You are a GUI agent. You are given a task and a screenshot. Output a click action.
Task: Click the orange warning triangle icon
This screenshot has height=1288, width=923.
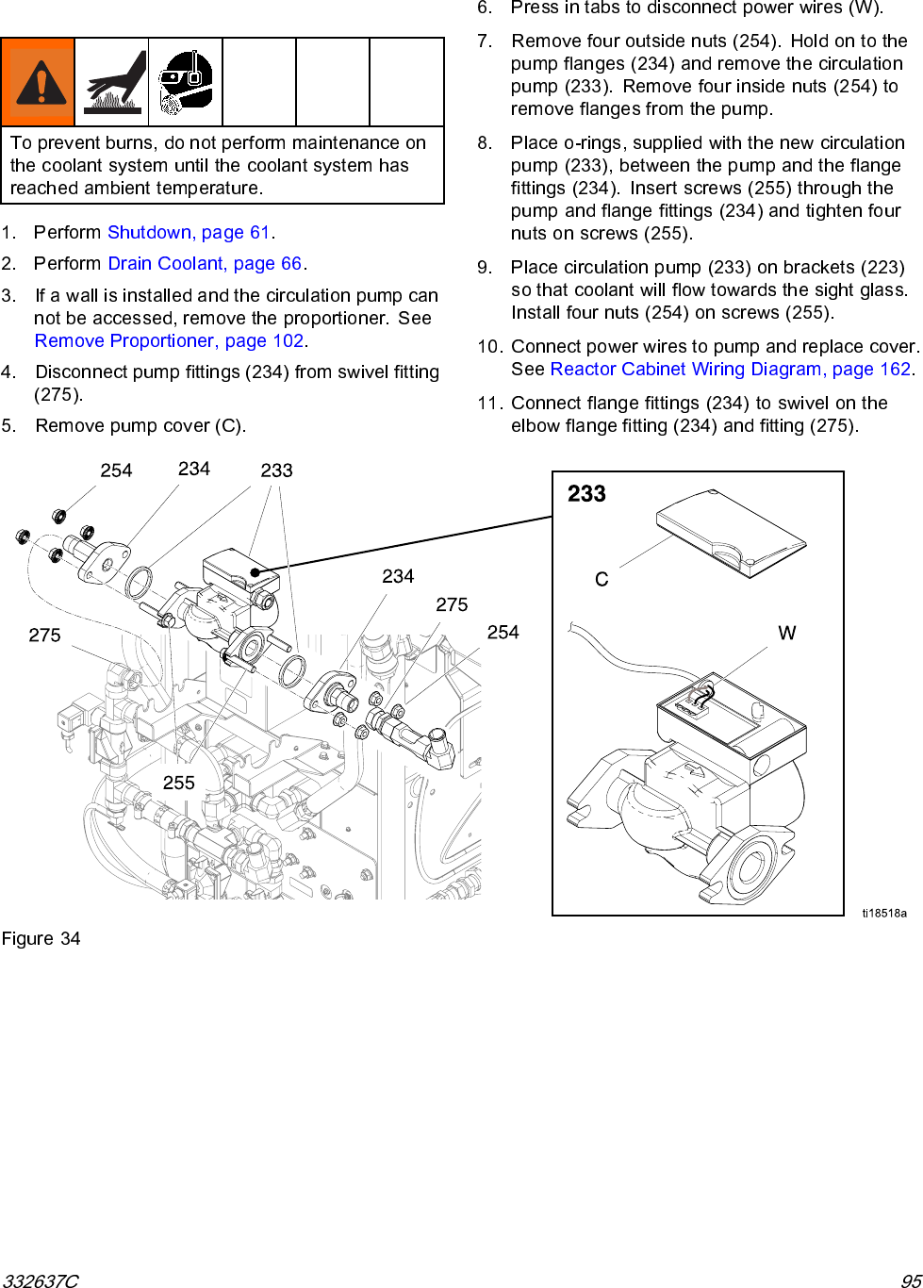38,83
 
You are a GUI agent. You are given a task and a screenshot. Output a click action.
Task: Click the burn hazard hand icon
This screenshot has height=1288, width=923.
111,83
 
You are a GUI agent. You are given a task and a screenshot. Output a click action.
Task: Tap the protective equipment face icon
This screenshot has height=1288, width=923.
185,83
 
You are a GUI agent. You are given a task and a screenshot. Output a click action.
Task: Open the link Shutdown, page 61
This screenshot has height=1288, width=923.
189,233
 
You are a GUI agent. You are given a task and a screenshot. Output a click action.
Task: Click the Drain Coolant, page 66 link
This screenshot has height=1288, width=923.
205,264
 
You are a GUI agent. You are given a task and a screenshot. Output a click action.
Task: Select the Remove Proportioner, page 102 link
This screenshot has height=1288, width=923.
169,341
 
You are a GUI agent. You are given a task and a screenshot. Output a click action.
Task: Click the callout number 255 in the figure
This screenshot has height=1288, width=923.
178,784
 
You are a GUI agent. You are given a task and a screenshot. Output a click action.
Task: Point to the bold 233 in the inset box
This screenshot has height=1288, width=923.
586,494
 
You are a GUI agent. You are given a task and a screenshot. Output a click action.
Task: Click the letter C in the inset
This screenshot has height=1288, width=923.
602,580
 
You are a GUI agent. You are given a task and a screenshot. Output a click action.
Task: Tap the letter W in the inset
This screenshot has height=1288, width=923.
786,634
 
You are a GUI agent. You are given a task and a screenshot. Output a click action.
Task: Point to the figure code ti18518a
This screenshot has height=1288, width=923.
883,913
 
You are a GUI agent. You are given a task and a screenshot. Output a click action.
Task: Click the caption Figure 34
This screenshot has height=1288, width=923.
41,939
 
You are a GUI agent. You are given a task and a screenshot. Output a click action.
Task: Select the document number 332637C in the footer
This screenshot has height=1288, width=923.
40,1280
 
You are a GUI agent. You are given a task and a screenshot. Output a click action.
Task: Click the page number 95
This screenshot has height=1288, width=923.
911,1280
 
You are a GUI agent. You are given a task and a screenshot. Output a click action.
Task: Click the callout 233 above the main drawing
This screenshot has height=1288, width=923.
276,471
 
